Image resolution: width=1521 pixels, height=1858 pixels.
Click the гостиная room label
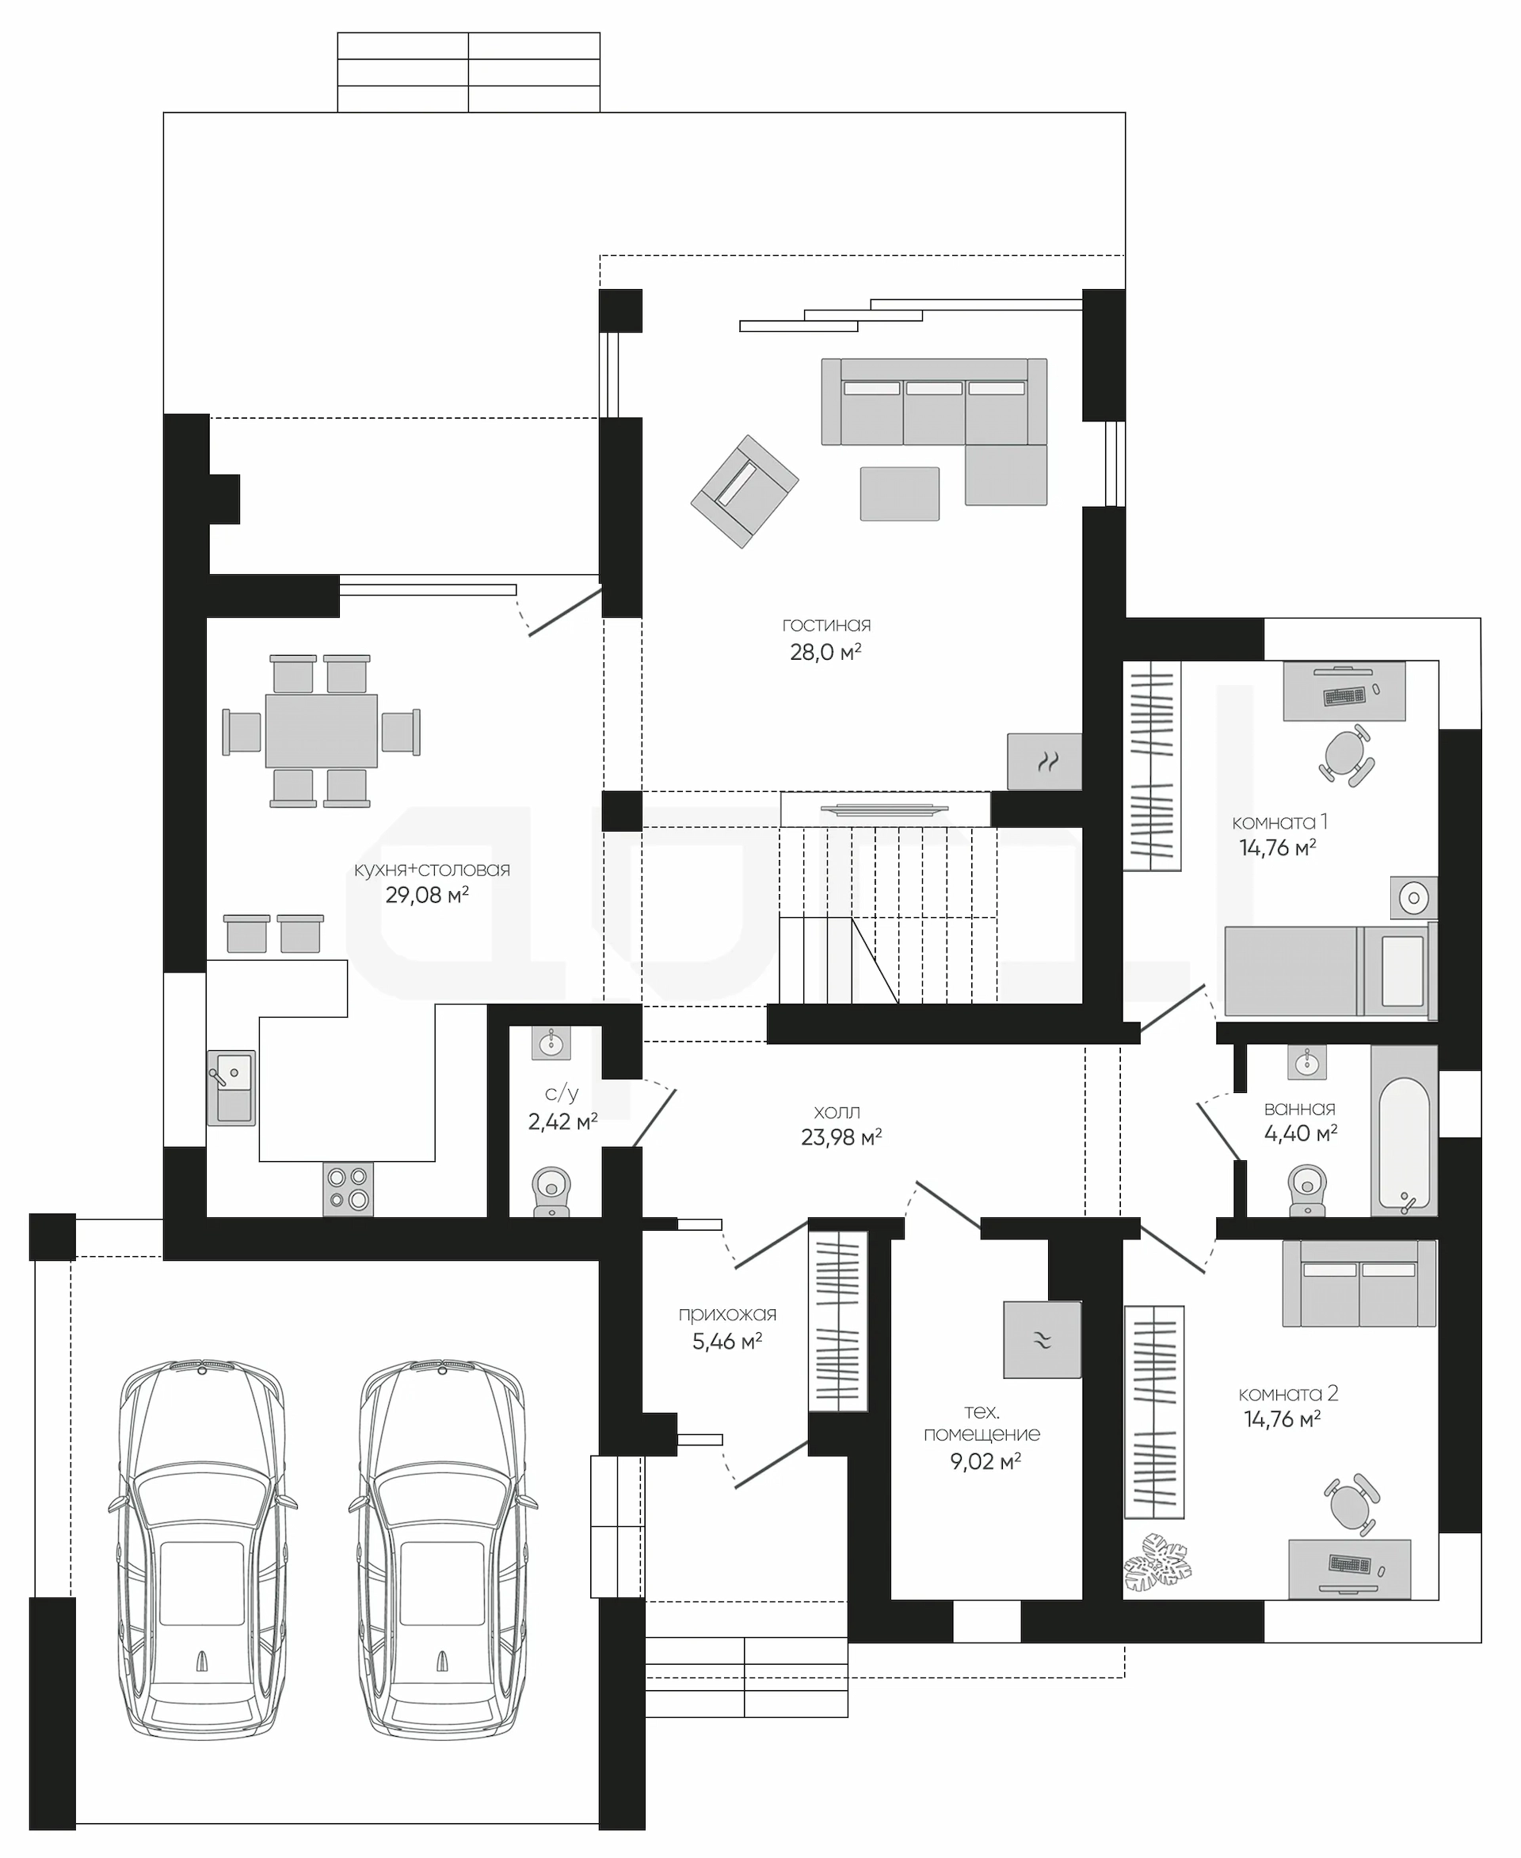[x=826, y=626]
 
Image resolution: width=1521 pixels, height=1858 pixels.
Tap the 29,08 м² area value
[x=427, y=894]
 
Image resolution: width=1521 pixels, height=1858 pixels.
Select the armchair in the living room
[x=744, y=492]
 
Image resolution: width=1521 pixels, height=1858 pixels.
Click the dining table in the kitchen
[x=322, y=730]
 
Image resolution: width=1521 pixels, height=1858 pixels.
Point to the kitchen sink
[x=231, y=1087]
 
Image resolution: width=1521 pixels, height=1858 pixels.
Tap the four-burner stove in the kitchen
[x=348, y=1189]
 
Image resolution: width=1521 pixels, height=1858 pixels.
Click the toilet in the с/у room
[x=551, y=1190]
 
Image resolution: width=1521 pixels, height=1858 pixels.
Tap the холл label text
[x=837, y=1113]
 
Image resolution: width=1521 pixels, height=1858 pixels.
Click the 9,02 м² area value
[x=985, y=1461]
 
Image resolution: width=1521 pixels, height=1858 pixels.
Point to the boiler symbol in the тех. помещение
[x=1043, y=1339]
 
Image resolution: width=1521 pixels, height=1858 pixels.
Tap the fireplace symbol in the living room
[x=1044, y=761]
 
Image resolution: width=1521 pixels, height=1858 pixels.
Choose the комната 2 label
[x=1288, y=1394]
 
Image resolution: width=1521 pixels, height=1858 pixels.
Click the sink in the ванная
[x=1306, y=1063]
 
